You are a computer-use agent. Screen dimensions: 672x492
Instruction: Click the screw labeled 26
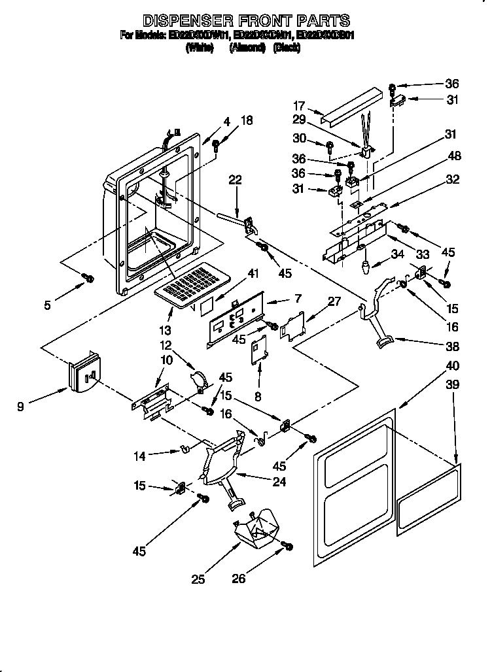click(x=287, y=545)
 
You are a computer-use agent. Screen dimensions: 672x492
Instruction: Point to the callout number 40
click(x=452, y=365)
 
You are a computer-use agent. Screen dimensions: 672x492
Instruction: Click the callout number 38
click(x=452, y=346)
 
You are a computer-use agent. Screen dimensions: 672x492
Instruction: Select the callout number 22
click(x=235, y=181)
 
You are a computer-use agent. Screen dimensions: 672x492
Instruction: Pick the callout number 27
click(x=335, y=301)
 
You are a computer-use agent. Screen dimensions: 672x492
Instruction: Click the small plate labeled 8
click(x=260, y=346)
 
